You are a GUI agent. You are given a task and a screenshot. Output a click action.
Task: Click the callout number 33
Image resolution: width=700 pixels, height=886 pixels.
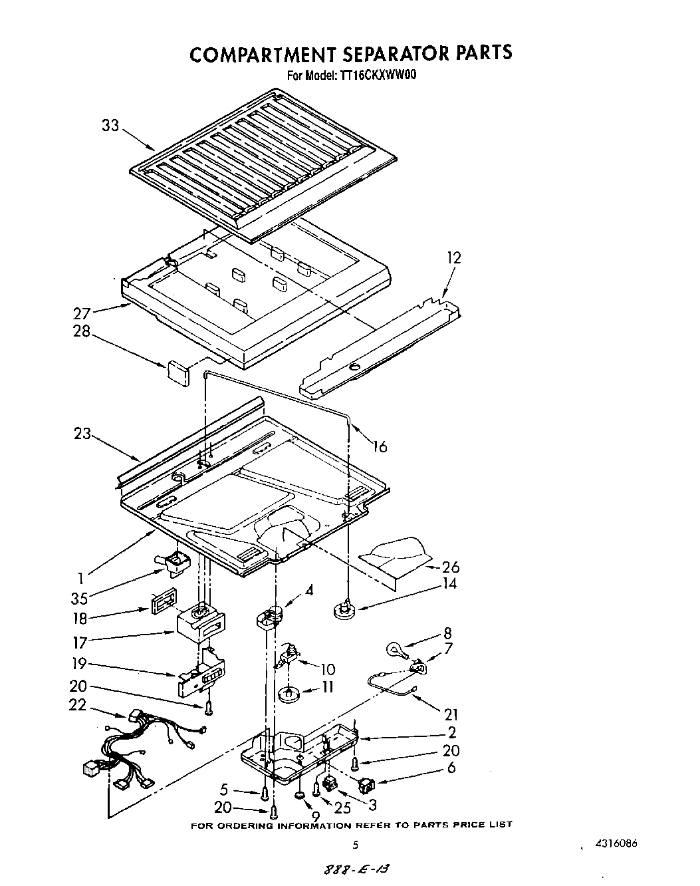(x=110, y=124)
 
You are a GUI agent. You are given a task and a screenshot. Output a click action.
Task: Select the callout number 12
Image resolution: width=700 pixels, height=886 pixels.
(x=453, y=257)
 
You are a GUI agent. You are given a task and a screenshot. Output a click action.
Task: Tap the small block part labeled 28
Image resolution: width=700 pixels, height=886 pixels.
(x=178, y=370)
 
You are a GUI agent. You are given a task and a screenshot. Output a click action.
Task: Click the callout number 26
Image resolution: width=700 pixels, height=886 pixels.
(x=450, y=567)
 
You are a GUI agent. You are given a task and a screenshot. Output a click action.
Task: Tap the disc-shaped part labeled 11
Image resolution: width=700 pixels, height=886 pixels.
(x=290, y=694)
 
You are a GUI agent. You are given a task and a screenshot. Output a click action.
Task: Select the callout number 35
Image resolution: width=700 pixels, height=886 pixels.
(x=80, y=597)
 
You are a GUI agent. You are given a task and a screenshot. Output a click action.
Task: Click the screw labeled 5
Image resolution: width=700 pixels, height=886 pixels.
(x=265, y=793)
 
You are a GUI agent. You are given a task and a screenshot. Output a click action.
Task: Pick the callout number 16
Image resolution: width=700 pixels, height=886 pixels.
(x=379, y=446)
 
